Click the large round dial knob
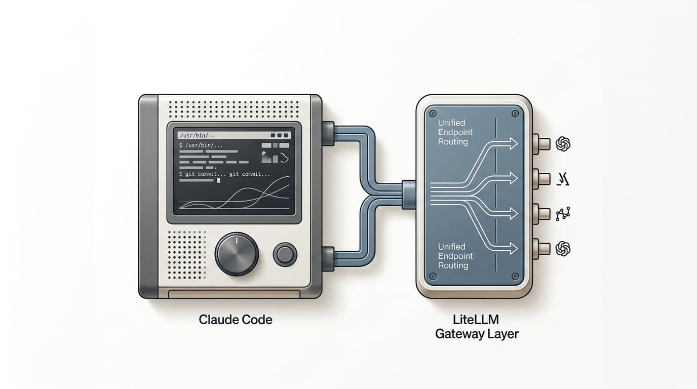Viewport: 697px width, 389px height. click(237, 254)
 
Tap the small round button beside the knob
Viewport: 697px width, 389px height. click(285, 254)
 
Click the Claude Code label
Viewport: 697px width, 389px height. click(236, 320)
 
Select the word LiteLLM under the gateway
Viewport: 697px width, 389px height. click(477, 320)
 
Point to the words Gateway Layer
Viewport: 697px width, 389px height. click(477, 334)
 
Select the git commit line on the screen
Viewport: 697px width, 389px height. click(224, 174)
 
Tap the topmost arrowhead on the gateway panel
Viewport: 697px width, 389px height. click(512, 144)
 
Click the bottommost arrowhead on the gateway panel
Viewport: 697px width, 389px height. click(512, 248)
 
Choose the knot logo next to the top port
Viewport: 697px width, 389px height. click(563, 144)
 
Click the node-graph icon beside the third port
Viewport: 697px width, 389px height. click(563, 214)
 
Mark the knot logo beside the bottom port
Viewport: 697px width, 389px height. click(563, 249)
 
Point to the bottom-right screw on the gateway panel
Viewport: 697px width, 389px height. click(515, 277)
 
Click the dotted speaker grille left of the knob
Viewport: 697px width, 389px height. click(186, 254)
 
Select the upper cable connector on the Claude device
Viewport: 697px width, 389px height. click(328, 133)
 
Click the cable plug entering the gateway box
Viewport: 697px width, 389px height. click(409, 194)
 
